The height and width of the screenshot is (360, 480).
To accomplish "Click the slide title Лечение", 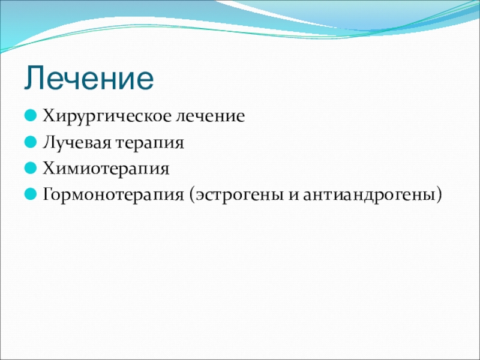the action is coord(89,79).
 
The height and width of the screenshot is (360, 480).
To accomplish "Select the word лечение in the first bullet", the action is coord(210,116).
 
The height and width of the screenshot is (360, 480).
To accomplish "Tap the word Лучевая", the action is coord(77,143).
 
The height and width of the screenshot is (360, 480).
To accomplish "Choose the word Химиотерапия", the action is coord(106,169).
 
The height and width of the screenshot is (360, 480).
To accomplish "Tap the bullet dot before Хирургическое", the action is coord(31,116).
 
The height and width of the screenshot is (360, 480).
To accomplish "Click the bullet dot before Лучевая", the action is coord(31,142).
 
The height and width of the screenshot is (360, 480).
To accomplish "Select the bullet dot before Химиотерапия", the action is coord(31,168).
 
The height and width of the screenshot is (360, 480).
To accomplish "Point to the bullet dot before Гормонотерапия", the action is coord(31,194).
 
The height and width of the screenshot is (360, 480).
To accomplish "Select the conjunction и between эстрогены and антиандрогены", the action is coord(293,196).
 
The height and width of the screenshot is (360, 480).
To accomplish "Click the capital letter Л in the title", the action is coord(35,79).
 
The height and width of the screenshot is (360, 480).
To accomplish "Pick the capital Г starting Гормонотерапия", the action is coord(48,194).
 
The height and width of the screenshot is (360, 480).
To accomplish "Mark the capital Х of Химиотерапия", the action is coord(49,168).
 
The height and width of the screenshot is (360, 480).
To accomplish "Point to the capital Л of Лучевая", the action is coord(49,142).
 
